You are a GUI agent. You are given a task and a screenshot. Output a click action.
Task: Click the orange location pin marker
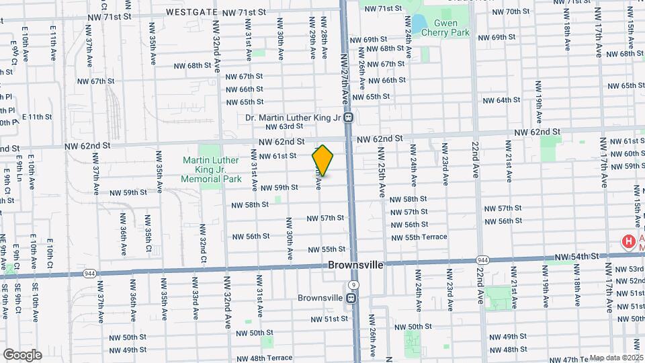(x=322, y=160)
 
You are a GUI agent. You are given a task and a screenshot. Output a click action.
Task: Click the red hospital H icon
(x=628, y=241)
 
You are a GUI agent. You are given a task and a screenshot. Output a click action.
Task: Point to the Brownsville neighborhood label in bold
(x=355, y=265)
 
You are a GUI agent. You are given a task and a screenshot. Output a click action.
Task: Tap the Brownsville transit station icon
(x=351, y=297)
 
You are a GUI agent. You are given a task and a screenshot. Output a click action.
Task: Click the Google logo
(x=22, y=354)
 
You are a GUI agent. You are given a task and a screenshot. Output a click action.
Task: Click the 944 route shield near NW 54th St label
(x=482, y=259)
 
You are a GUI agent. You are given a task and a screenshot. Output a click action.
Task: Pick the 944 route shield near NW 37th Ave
(x=89, y=273)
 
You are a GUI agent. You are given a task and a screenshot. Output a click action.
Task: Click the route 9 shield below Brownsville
(x=353, y=285)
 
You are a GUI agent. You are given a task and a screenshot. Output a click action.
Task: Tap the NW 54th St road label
(x=576, y=257)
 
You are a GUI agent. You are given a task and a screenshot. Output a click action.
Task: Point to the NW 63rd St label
(x=285, y=126)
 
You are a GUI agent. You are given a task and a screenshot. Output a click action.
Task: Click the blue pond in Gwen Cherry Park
(x=419, y=25)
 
